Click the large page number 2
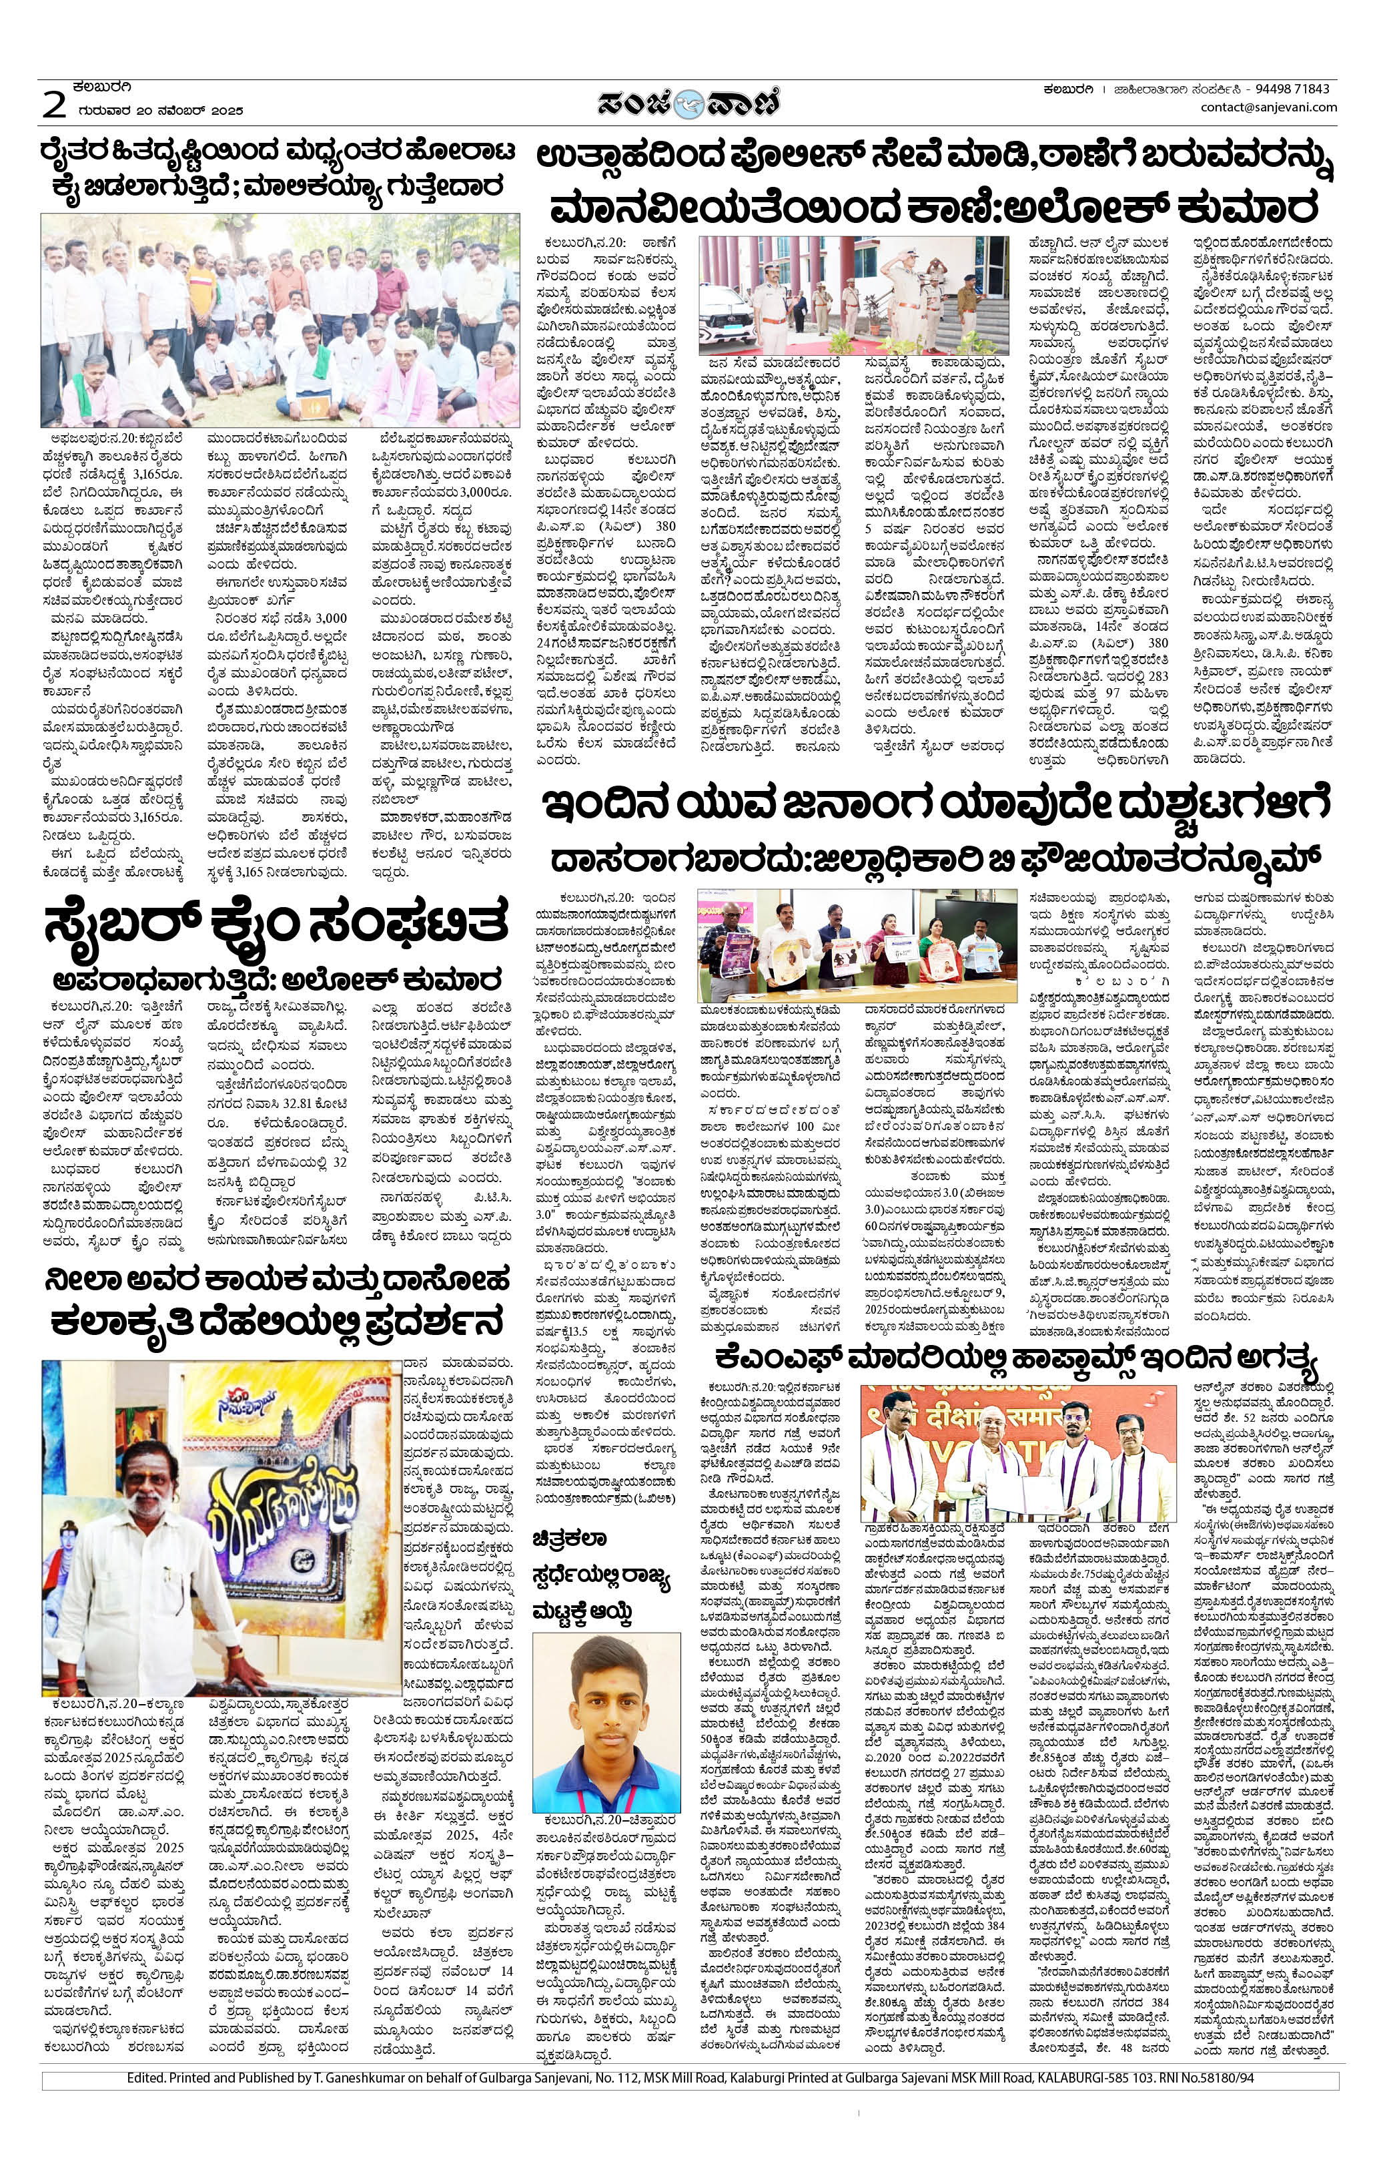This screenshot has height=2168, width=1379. click(55, 105)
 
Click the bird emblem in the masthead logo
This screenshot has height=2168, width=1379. click(691, 103)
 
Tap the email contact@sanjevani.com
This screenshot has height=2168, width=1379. click(1268, 107)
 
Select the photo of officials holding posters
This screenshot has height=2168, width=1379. click(857, 945)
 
